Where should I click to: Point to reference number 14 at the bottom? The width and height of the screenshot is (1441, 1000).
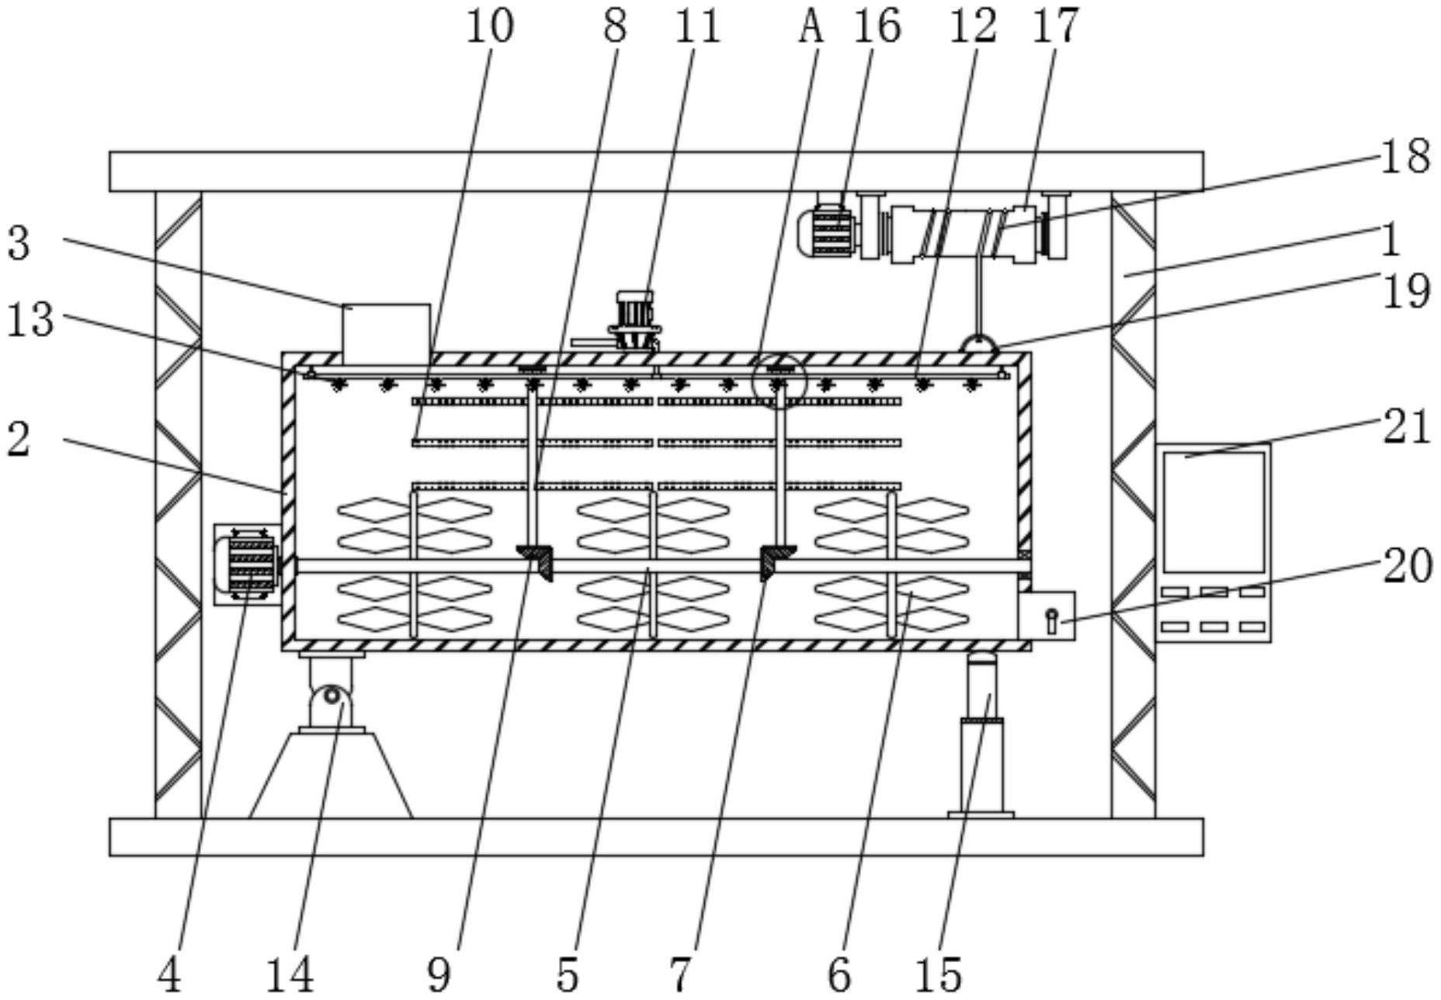(x=290, y=974)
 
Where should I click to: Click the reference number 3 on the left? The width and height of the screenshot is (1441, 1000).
(x=19, y=242)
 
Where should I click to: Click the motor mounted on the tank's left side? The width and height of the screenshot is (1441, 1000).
(x=247, y=564)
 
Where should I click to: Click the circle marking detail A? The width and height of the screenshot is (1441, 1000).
(x=780, y=380)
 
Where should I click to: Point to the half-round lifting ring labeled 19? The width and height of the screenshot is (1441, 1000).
(x=979, y=344)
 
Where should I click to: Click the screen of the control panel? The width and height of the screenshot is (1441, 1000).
(x=1214, y=512)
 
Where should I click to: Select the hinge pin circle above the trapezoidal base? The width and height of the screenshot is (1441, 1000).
(x=332, y=695)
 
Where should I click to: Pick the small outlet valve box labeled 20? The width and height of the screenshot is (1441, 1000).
(x=1047, y=616)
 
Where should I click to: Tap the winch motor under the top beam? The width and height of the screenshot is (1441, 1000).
(x=829, y=230)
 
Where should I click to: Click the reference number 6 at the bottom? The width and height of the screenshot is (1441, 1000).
(x=839, y=974)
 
